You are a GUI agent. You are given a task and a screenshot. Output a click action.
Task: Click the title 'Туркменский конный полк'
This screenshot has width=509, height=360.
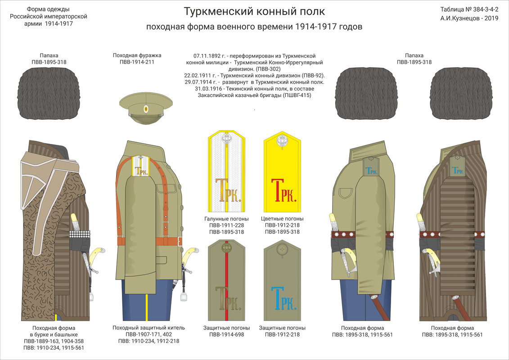point(254,11)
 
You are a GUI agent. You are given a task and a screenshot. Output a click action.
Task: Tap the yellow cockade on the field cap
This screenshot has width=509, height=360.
point(145,109)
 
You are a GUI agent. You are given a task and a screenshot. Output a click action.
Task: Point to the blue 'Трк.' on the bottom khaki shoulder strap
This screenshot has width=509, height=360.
point(283,298)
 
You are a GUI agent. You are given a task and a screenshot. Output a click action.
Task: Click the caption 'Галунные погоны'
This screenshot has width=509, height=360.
point(226,219)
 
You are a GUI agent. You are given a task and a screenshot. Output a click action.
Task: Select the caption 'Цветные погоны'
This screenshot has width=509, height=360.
point(283,219)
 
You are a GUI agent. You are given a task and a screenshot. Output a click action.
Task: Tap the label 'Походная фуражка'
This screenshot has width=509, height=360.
point(137,55)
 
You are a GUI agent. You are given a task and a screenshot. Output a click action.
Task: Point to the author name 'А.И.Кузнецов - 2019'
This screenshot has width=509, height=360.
point(469,19)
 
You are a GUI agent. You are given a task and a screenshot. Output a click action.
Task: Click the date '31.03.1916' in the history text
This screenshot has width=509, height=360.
point(210,89)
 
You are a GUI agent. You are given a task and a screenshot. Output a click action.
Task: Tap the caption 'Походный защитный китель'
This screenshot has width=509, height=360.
point(149,328)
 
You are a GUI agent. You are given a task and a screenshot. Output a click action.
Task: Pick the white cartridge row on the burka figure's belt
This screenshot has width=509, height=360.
point(80,234)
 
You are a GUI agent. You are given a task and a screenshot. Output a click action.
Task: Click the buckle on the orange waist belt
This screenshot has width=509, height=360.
point(180,241)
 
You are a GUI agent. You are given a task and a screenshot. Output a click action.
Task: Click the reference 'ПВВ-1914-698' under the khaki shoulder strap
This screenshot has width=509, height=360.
point(226,334)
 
